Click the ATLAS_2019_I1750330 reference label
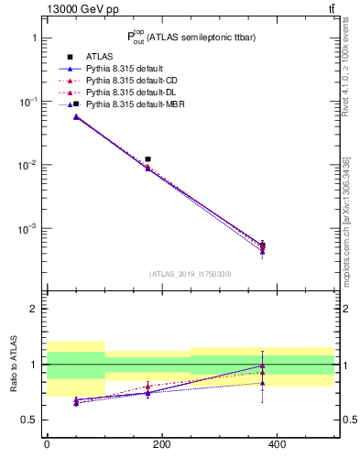tap(190, 274)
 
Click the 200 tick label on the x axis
tap(161, 445)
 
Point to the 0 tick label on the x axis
tap(47, 445)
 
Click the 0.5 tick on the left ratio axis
tap(28, 420)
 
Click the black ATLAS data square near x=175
tap(147, 159)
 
